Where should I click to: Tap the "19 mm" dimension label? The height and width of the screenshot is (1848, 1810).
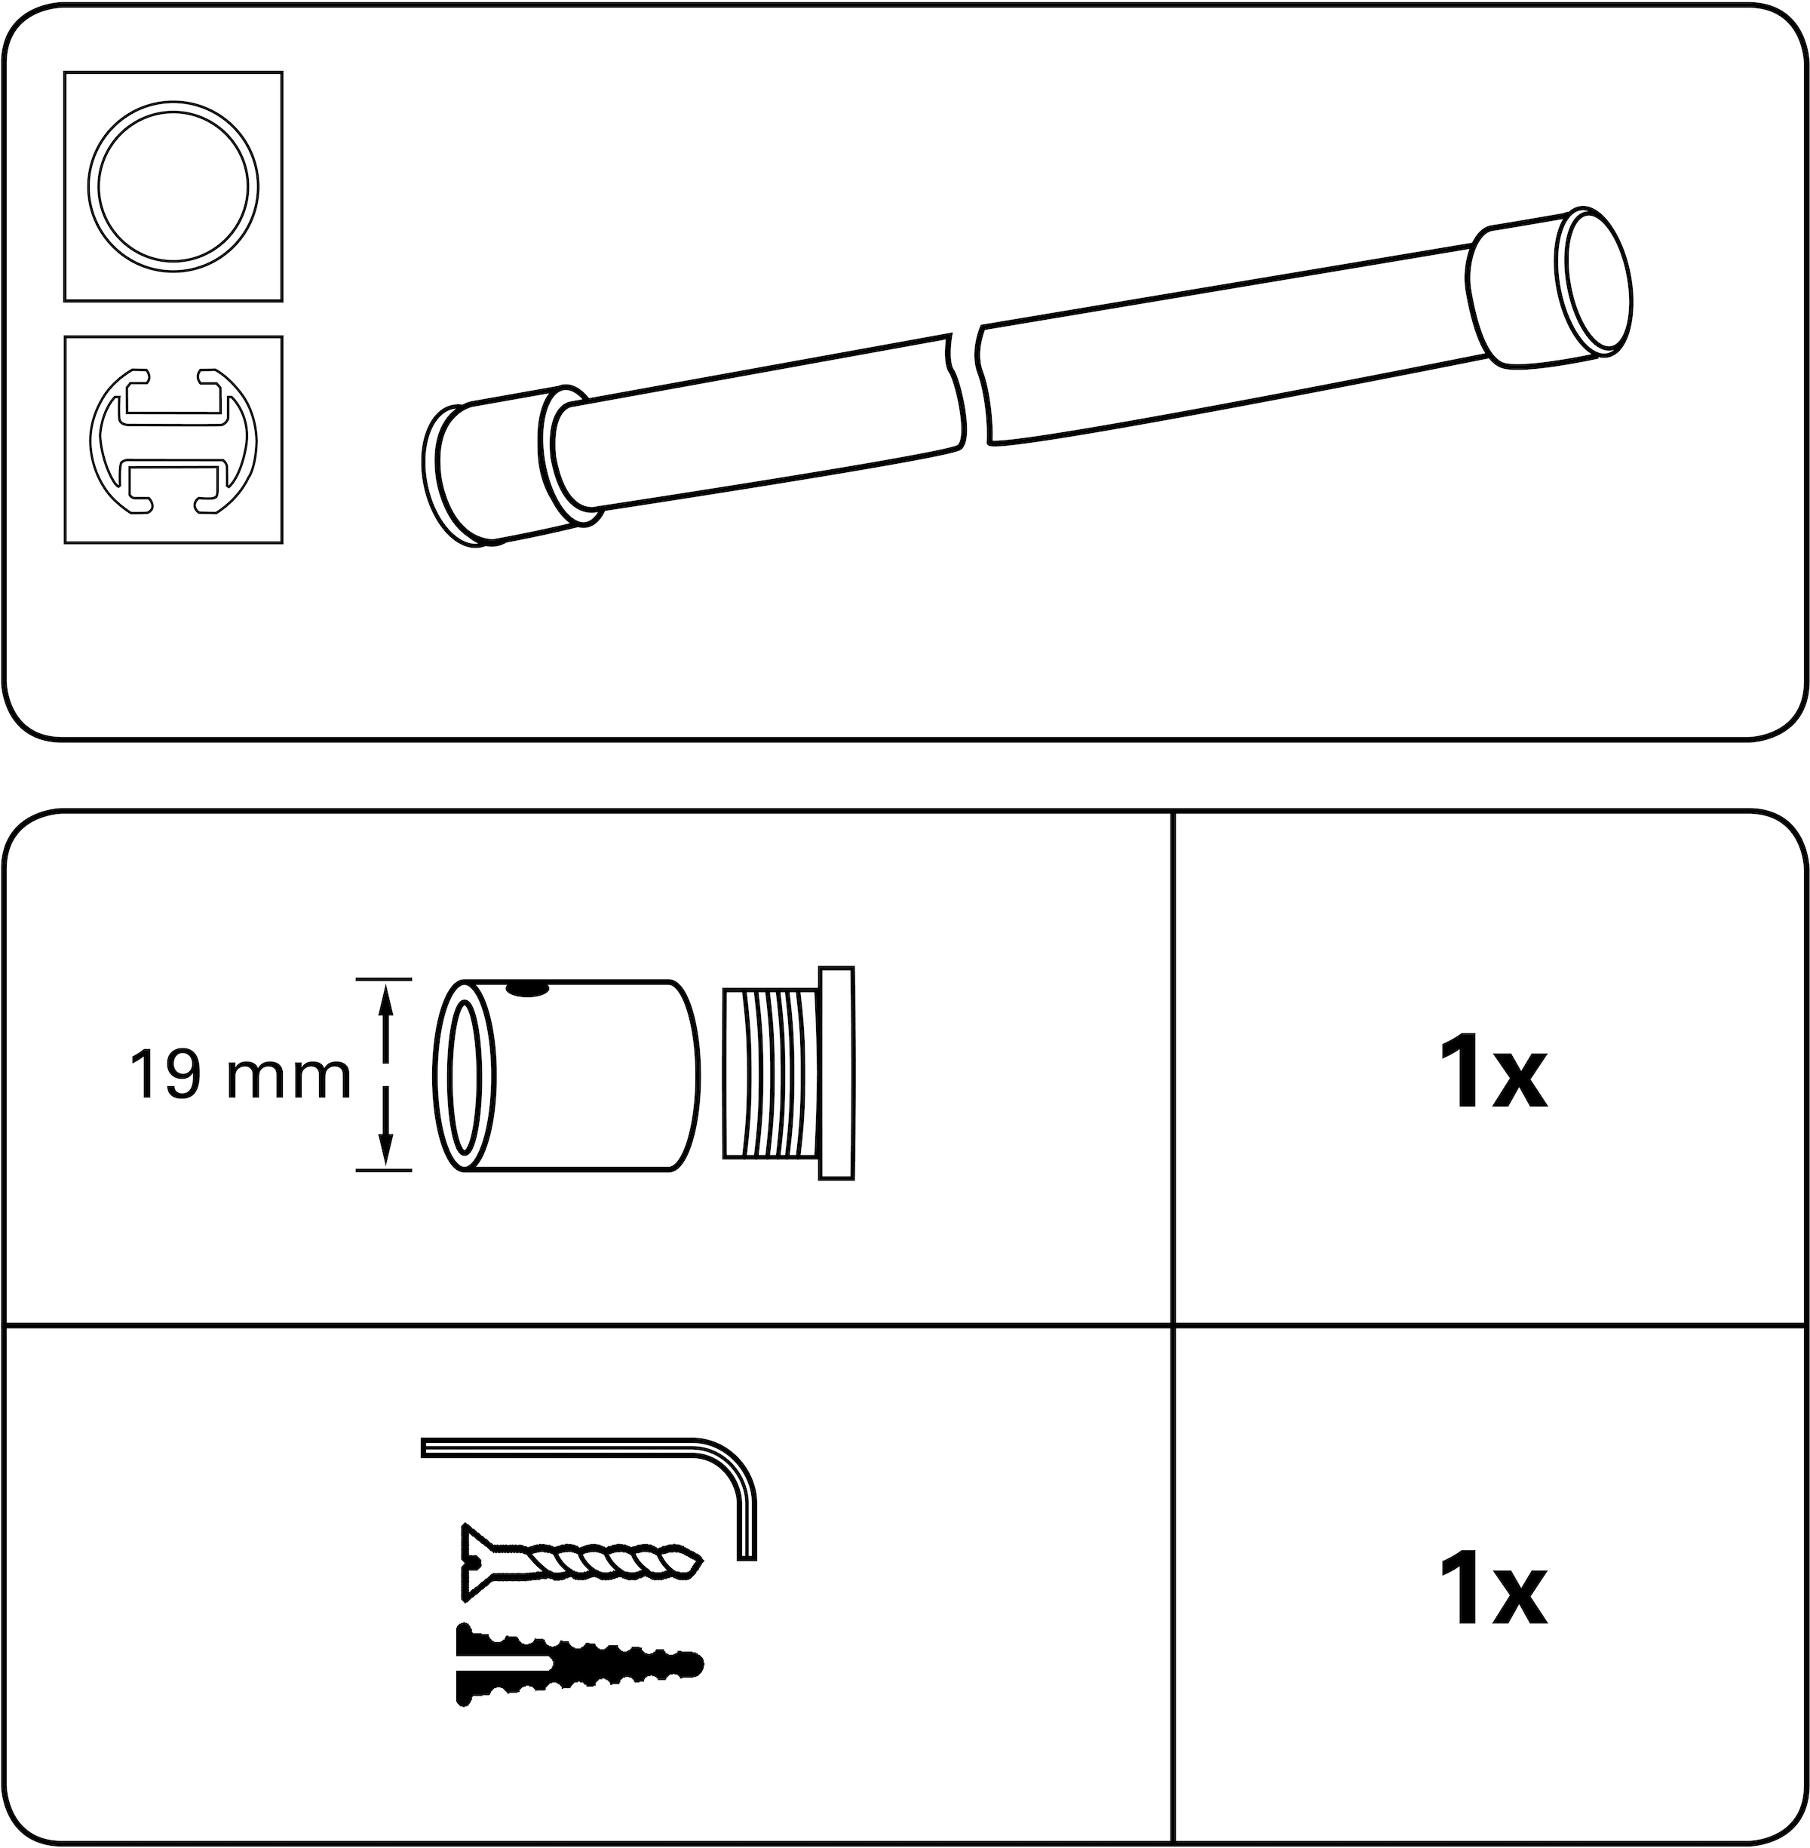[x=240, y=1075]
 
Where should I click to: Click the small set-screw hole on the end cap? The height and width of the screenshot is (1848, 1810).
[x=528, y=991]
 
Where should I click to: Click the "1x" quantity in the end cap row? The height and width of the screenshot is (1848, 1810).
[x=1492, y=1075]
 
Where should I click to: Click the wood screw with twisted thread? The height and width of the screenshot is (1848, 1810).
[x=580, y=1562]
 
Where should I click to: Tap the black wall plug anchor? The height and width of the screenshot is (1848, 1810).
[x=580, y=1665]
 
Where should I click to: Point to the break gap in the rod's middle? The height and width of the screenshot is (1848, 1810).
[x=968, y=385]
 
